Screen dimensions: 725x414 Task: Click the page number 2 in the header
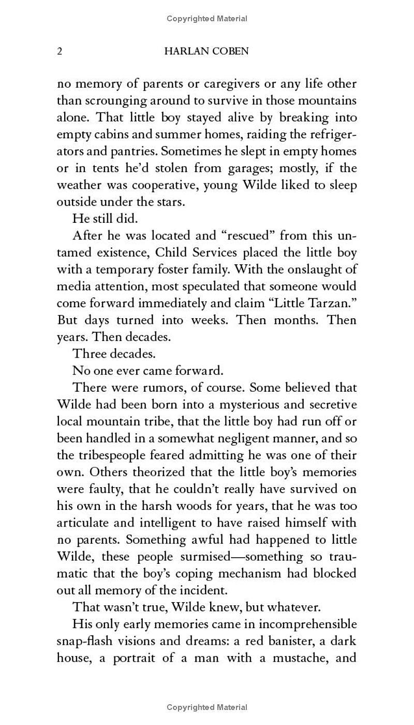pyautogui.click(x=60, y=51)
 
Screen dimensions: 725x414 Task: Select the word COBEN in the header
pyautogui.click(x=230, y=51)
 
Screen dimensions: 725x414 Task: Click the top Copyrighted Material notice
pyautogui.click(x=207, y=19)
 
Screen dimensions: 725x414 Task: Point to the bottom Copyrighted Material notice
pyautogui.click(x=207, y=707)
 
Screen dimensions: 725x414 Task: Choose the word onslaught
pyautogui.click(x=304, y=269)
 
